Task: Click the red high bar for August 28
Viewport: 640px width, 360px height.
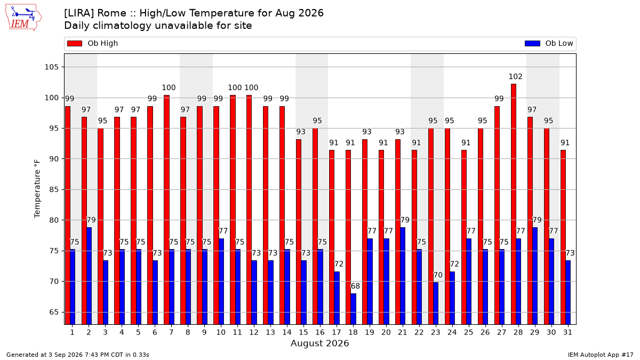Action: (x=514, y=204)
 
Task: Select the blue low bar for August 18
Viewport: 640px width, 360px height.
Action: (x=353, y=309)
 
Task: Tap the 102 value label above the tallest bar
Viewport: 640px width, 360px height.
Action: (x=515, y=77)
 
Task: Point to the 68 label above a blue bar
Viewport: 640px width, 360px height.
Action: (x=355, y=286)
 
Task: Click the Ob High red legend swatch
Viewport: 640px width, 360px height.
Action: (x=75, y=43)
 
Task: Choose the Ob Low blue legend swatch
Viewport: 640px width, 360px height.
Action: (x=532, y=43)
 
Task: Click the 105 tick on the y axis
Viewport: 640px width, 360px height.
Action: (x=51, y=67)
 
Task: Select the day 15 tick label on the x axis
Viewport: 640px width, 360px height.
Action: (x=303, y=333)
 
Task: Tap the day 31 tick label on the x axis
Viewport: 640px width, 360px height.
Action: (x=567, y=333)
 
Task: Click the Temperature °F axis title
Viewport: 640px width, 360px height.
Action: (x=37, y=189)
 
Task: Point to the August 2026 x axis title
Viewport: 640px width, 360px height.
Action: (x=319, y=343)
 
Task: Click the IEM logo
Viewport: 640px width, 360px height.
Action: (x=23, y=18)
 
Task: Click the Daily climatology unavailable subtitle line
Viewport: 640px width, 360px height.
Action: (x=158, y=26)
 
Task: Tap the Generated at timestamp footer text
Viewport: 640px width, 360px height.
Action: (x=78, y=355)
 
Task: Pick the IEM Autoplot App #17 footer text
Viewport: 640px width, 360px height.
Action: (x=601, y=355)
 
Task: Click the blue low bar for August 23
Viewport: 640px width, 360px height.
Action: (x=435, y=303)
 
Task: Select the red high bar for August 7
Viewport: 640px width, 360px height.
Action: (x=166, y=210)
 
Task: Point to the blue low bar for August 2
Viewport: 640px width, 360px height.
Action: (x=89, y=276)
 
